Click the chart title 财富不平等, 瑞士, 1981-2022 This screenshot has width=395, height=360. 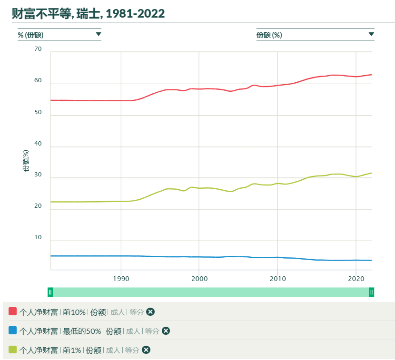tap(89, 14)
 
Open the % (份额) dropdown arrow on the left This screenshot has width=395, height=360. tap(99, 34)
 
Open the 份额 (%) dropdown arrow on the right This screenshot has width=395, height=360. tap(371, 34)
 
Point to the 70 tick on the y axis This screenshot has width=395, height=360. tap(38, 49)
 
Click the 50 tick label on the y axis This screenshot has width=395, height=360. tap(38, 113)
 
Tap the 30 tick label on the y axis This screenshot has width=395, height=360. tap(38, 175)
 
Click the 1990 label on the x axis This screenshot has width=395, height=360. tap(121, 278)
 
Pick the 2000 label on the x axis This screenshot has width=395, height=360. tap(199, 278)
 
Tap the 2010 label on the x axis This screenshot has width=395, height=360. tap(277, 278)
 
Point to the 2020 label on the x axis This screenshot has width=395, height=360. tap(355, 278)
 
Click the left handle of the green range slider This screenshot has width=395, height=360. tap(50, 292)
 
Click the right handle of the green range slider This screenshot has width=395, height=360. tap(371, 292)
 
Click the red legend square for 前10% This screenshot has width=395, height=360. tap(13, 311)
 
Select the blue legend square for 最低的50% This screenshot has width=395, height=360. tap(13, 331)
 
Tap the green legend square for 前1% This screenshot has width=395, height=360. tap(13, 350)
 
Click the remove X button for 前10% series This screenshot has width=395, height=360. tap(150, 312)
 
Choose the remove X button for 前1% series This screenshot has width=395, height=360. tap(146, 350)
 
